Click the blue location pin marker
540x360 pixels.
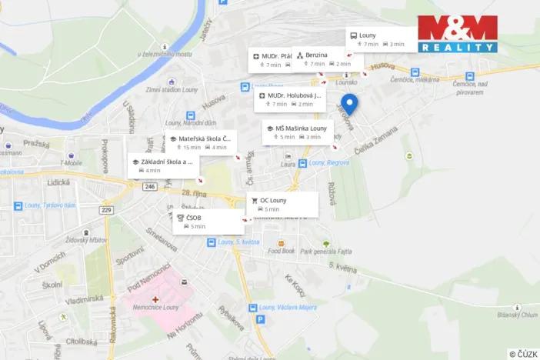click(x=350, y=105)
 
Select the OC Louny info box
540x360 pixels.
click(x=282, y=204)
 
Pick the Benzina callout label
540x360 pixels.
click(x=320, y=59)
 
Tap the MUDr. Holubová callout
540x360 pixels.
click(x=291, y=99)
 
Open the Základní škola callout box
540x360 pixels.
click(x=163, y=166)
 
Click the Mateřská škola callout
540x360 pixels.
click(x=200, y=142)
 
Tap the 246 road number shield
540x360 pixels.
click(x=149, y=186)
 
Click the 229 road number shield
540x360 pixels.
click(x=106, y=210)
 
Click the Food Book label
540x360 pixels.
click(x=282, y=251)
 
